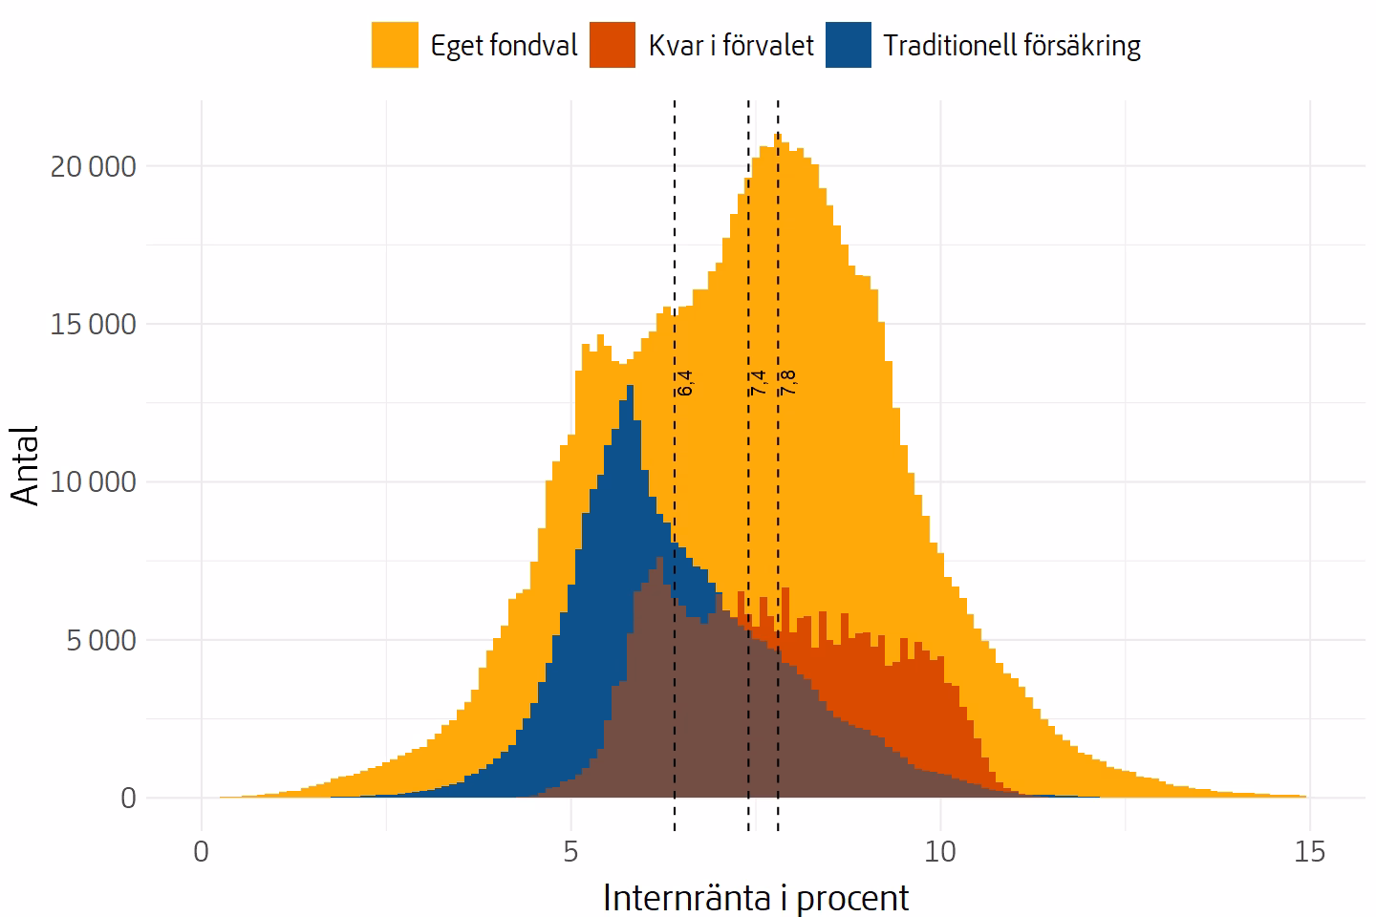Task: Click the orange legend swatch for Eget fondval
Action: [395, 45]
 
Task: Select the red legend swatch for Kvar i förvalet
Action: [613, 45]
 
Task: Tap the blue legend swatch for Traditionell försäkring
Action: [849, 45]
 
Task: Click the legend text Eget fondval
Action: [504, 45]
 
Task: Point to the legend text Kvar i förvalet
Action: [731, 45]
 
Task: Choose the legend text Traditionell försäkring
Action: [1012, 45]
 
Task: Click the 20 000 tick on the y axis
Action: [93, 166]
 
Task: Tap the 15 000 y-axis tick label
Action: [93, 325]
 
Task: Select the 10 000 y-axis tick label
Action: [93, 482]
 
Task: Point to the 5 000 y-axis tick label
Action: [100, 640]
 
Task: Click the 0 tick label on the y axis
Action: [128, 799]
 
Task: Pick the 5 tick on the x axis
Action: [570, 851]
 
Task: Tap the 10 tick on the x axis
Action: [940, 851]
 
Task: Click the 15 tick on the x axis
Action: [1310, 851]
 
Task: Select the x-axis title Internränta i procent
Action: [756, 898]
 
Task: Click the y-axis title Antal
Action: [26, 465]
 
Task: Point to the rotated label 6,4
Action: [685, 383]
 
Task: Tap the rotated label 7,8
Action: [788, 383]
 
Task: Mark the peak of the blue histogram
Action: [630, 387]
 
